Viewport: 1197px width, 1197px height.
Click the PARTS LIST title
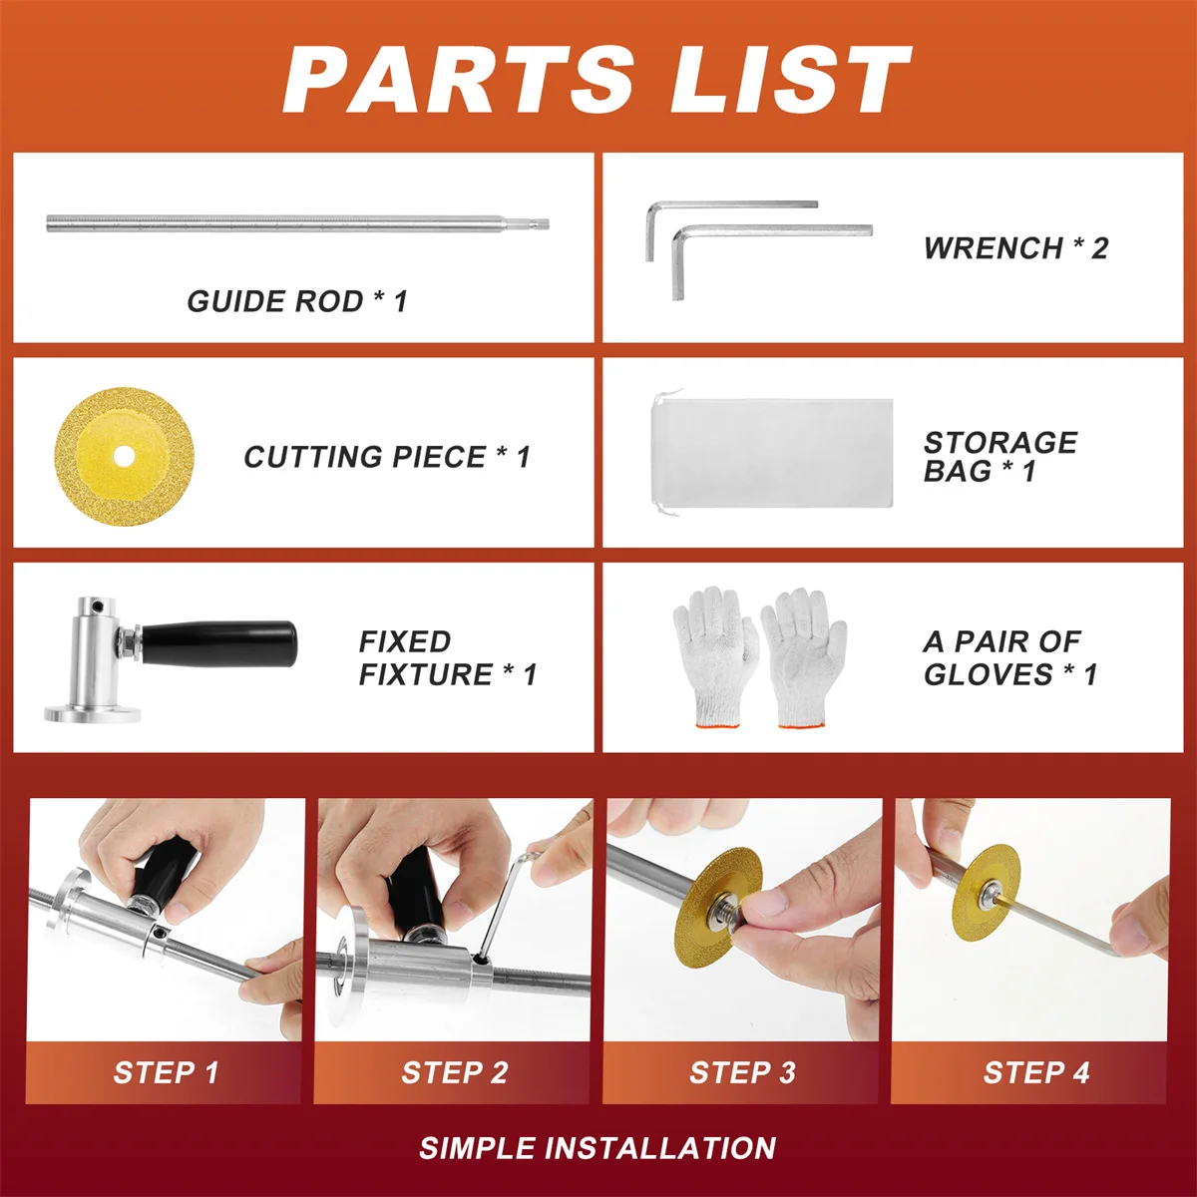tap(597, 80)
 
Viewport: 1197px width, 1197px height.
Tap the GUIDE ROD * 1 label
tap(297, 301)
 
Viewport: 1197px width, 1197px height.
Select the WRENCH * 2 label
tap(1015, 247)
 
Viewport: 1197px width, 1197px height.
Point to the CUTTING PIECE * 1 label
tap(387, 457)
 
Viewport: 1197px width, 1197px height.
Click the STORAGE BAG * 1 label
tap(1000, 457)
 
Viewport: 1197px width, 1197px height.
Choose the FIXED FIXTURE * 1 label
tap(448, 657)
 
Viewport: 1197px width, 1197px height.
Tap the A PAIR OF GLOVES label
tap(1010, 657)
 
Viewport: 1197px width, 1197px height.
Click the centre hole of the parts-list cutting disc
tap(124, 456)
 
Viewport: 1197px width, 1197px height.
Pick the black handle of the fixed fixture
tap(219, 644)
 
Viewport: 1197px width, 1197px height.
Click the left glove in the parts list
tap(716, 656)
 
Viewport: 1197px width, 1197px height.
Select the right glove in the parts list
tap(803, 657)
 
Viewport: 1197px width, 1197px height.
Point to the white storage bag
tap(771, 453)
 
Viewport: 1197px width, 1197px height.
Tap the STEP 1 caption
tap(166, 1072)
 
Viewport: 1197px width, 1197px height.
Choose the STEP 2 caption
tap(455, 1072)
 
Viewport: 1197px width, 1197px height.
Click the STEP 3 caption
tap(742, 1072)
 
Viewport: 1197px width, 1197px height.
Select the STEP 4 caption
tap(1036, 1072)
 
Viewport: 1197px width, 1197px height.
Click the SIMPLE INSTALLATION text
tap(598, 1148)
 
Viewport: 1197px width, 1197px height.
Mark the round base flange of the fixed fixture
tap(92, 714)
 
